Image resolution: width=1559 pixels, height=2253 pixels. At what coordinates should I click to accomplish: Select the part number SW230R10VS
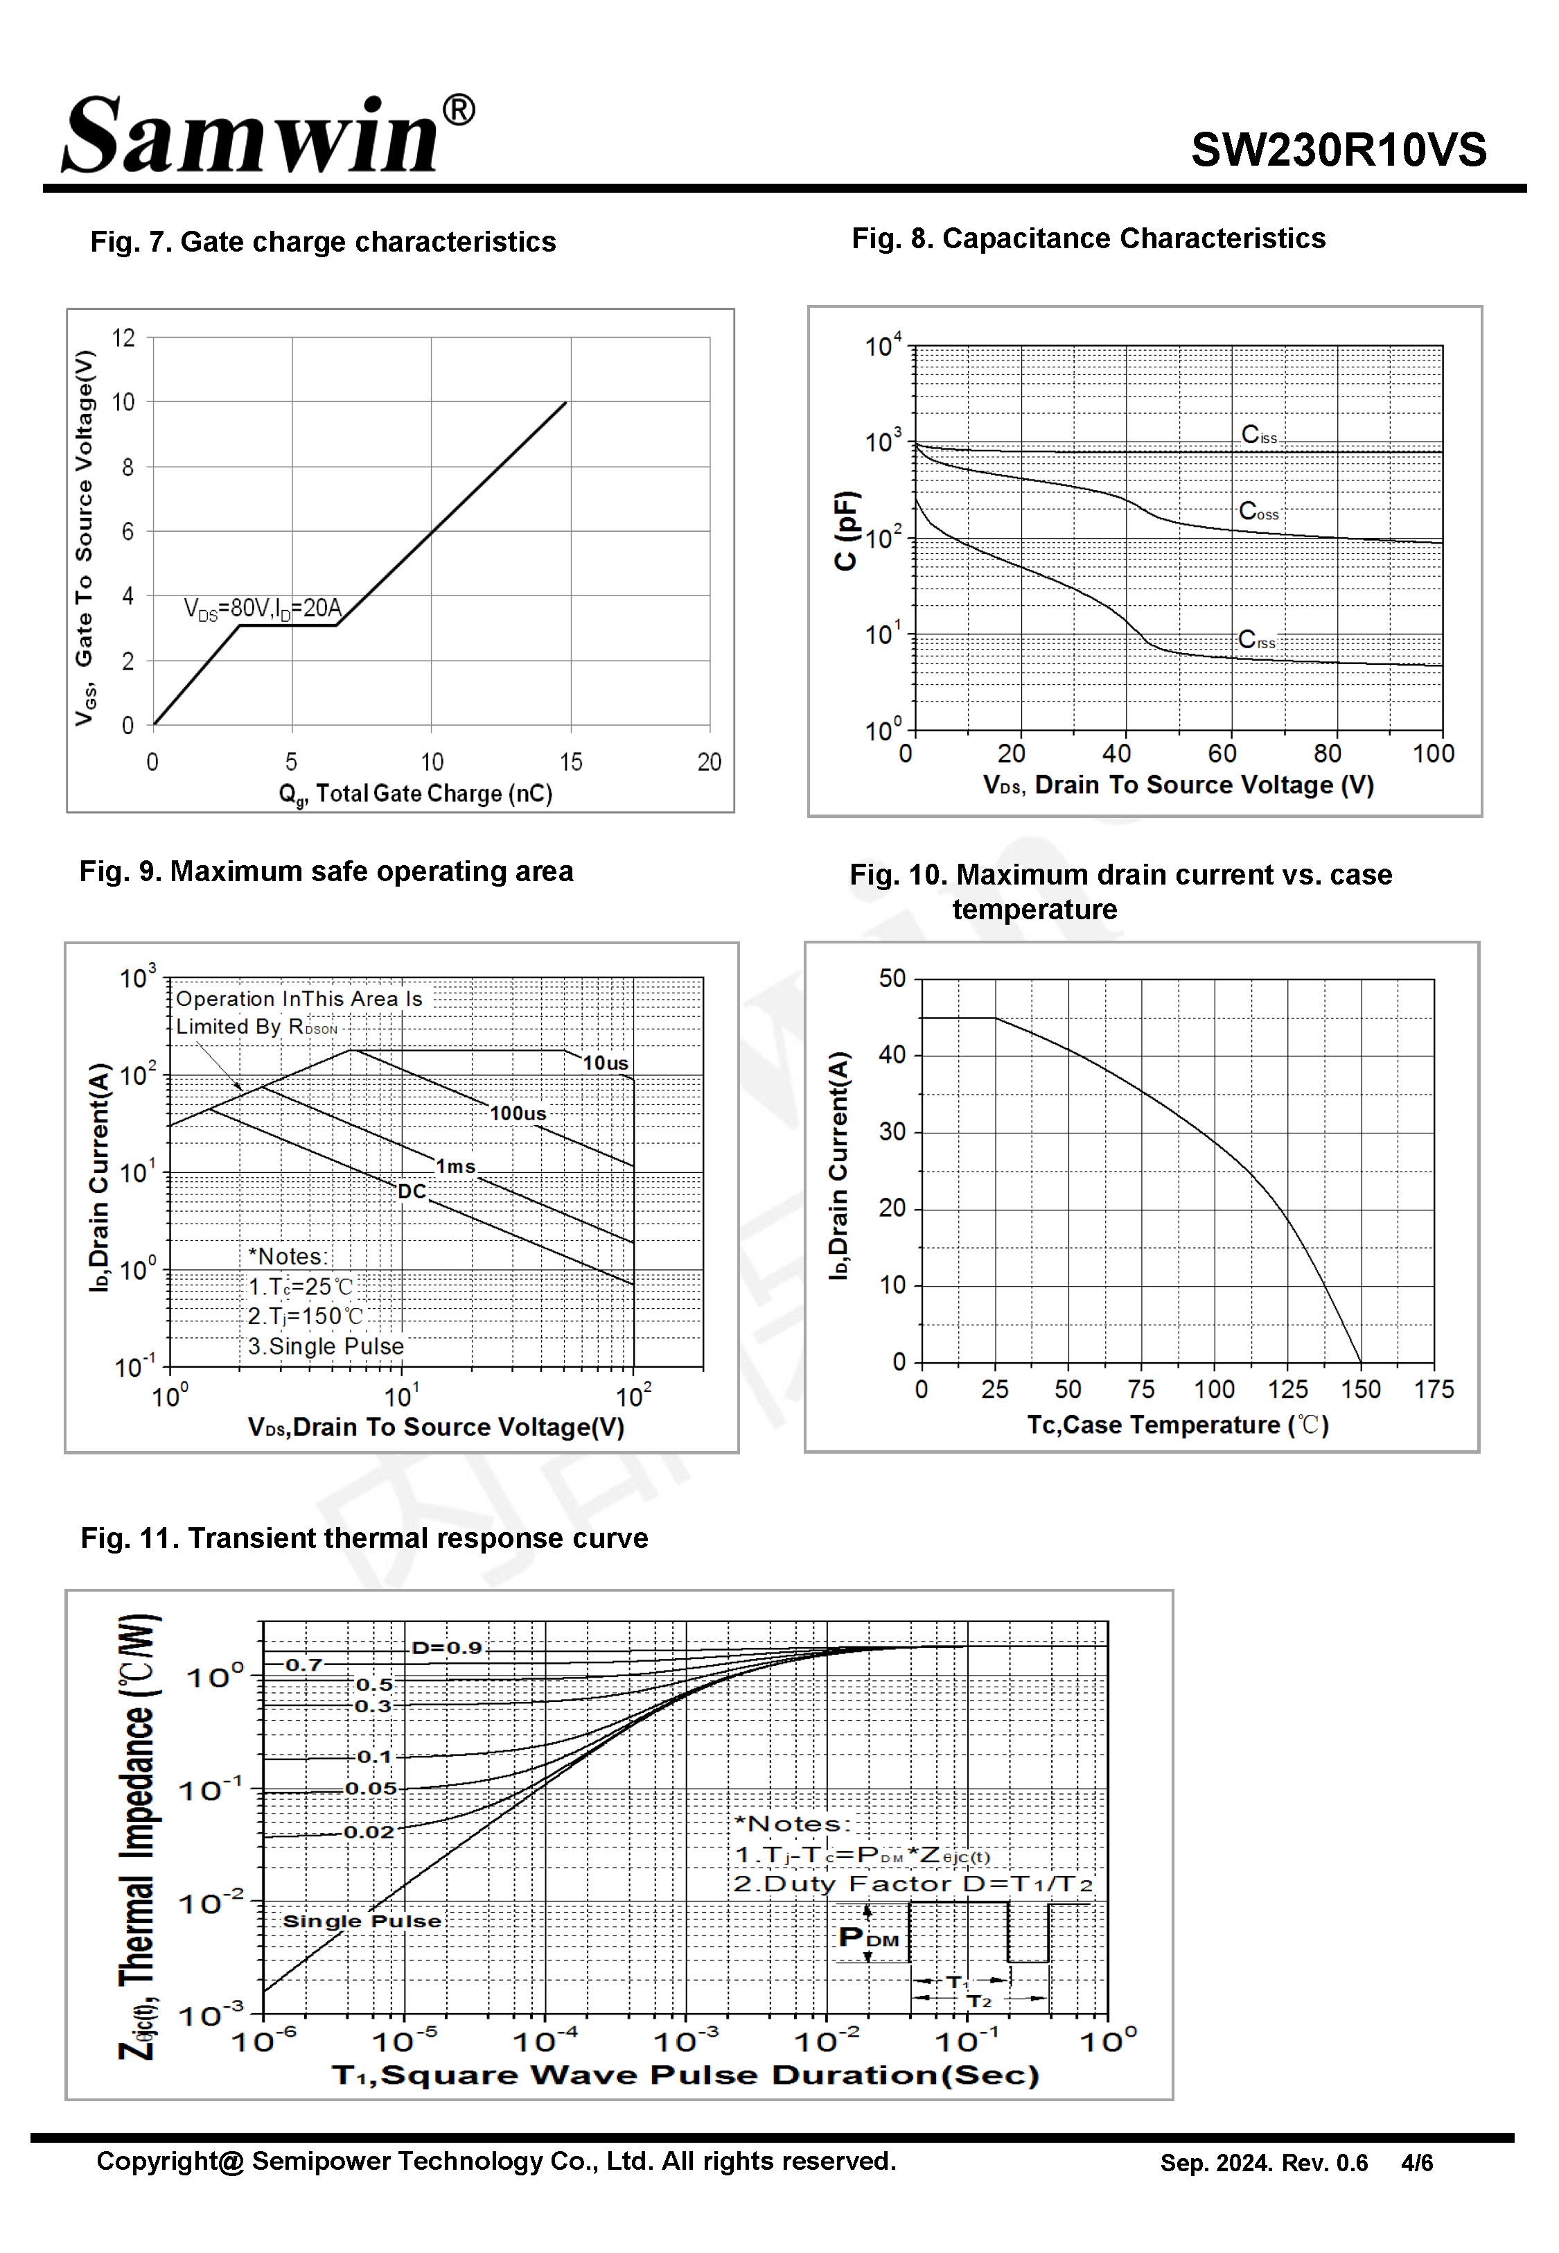[x=1337, y=150]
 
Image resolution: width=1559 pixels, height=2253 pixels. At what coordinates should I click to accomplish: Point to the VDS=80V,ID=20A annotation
[x=263, y=609]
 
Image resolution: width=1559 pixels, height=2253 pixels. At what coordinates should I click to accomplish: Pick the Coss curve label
[x=1258, y=511]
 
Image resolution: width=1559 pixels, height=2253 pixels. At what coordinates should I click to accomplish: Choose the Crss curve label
[x=1256, y=640]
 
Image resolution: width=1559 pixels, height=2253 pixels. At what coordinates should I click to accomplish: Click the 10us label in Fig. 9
[x=606, y=1063]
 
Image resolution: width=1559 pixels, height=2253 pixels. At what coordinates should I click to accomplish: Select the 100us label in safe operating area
[x=518, y=1113]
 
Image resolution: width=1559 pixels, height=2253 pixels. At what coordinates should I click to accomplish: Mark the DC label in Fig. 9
[x=412, y=1191]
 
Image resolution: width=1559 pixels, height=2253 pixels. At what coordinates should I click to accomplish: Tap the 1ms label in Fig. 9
[x=455, y=1165]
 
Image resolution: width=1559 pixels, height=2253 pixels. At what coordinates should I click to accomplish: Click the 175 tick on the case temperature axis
[x=1433, y=1389]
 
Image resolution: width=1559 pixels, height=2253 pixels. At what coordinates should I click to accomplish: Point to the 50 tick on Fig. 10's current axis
[x=892, y=978]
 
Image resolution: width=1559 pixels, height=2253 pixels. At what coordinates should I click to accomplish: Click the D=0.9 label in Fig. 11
[x=446, y=1647]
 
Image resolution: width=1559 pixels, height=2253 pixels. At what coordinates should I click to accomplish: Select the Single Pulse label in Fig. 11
[x=362, y=1921]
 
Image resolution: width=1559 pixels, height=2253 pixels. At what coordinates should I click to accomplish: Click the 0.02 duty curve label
[x=368, y=1832]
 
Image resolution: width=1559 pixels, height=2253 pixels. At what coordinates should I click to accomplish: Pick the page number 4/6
[x=1416, y=2163]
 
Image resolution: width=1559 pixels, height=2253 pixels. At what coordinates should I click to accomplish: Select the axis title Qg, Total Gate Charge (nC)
[x=415, y=793]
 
